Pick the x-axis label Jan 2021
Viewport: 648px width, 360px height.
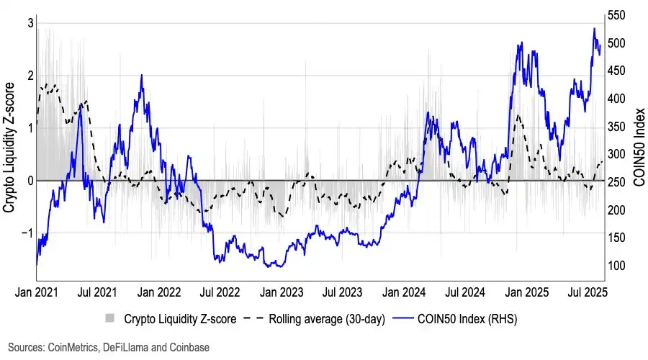pyautogui.click(x=36, y=293)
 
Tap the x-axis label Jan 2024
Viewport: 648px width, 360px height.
pyautogui.click(x=402, y=293)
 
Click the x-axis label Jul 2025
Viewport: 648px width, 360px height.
pyautogui.click(x=584, y=293)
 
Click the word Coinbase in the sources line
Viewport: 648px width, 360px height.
pyautogui.click(x=189, y=347)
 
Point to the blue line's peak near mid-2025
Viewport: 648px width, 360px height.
pyautogui.click(x=594, y=29)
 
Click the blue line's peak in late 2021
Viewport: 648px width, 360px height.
pyautogui.click(x=141, y=75)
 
